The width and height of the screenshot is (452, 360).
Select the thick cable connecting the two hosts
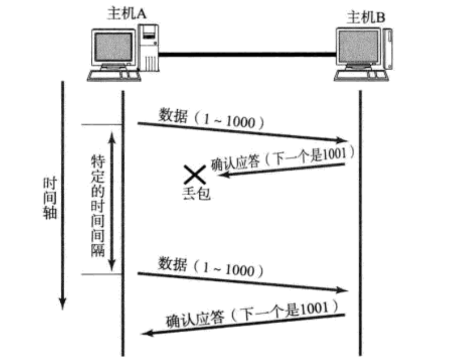tap(245, 55)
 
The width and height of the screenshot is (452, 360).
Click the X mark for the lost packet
tap(194, 174)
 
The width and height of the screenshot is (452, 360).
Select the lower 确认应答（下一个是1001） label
tap(248, 314)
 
